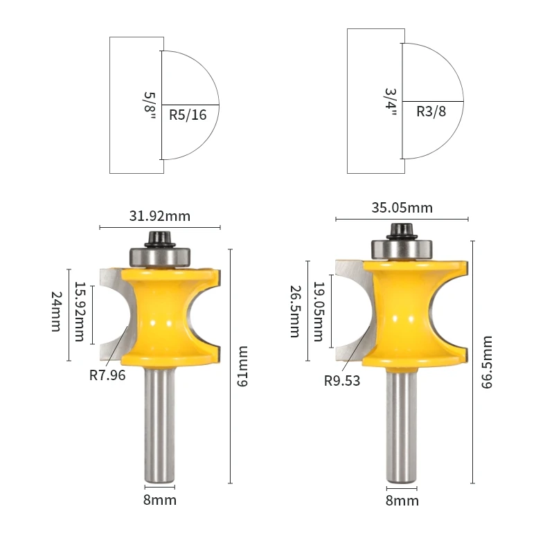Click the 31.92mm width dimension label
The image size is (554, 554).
[160, 216]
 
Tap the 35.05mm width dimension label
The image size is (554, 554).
[402, 208]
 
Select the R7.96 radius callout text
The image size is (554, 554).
[107, 375]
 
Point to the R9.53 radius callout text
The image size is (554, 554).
[342, 381]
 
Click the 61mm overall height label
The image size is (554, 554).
[242, 366]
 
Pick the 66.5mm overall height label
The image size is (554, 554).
[487, 362]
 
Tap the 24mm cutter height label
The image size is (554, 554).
[57, 312]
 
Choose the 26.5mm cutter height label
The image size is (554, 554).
[296, 312]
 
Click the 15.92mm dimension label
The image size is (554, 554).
[80, 312]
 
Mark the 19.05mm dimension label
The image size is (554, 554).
[319, 312]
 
